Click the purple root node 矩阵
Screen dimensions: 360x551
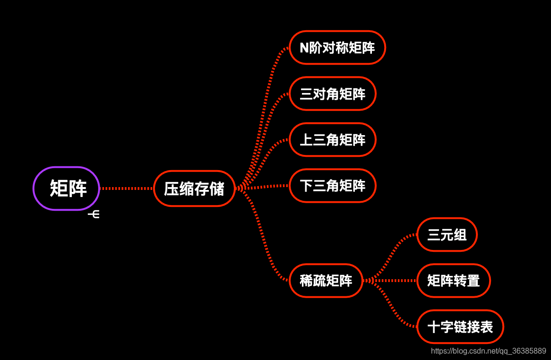[66, 189]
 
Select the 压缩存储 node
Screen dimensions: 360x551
[194, 189]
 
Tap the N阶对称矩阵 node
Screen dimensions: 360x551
[337, 47]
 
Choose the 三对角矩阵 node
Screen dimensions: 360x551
[332, 94]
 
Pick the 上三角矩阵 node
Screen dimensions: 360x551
[332, 139]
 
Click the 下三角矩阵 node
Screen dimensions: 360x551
[332, 185]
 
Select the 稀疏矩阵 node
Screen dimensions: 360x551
[326, 281]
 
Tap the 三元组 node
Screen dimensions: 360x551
[447, 234]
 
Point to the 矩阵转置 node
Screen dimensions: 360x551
[453, 281]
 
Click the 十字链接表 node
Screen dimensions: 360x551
[460, 326]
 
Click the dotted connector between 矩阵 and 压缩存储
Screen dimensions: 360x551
[127, 189]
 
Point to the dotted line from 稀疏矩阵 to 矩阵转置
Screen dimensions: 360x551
[390, 281]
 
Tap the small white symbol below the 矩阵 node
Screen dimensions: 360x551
[94, 214]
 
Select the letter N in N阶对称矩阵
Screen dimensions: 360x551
[304, 48]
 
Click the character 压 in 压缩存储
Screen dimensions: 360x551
[171, 189]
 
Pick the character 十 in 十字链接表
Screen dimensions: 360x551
[434, 327]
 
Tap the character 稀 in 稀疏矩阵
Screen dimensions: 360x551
[306, 281]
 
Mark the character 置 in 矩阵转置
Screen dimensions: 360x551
[474, 281]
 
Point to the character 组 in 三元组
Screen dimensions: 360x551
[460, 235]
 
